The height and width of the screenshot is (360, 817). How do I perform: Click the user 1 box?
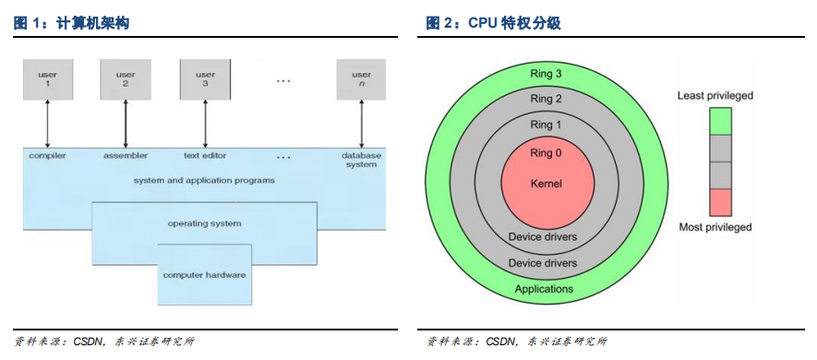pyautogui.click(x=48, y=79)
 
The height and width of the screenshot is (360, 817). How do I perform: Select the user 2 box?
pyautogui.click(x=126, y=79)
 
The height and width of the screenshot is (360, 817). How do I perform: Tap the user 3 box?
pyautogui.click(x=205, y=79)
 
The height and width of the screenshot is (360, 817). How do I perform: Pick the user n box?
pyautogui.click(x=361, y=79)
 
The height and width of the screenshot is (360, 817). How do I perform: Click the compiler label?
pyautogui.click(x=47, y=155)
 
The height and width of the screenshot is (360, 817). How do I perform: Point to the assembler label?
pyautogui.click(x=126, y=155)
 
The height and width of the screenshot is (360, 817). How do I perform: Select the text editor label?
pyautogui.click(x=205, y=155)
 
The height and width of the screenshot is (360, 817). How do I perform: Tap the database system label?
pyautogui.click(x=361, y=160)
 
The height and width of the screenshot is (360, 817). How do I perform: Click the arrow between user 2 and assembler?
pyautogui.click(x=126, y=124)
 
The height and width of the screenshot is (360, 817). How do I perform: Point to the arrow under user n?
pyautogui.click(x=361, y=124)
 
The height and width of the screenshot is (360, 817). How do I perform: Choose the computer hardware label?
pyautogui.click(x=204, y=274)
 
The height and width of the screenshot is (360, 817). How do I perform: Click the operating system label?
pyautogui.click(x=204, y=223)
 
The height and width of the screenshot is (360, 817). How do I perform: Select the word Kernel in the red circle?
pyautogui.click(x=546, y=184)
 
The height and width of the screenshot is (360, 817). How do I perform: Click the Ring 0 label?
pyautogui.click(x=546, y=153)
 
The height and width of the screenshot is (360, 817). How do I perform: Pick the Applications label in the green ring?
pyautogui.click(x=544, y=289)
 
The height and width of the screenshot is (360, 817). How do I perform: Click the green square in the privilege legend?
pyautogui.click(x=720, y=122)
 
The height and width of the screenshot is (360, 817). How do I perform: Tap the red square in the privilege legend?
pyautogui.click(x=720, y=202)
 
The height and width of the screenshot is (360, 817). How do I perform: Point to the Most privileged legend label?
pyautogui.click(x=715, y=227)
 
